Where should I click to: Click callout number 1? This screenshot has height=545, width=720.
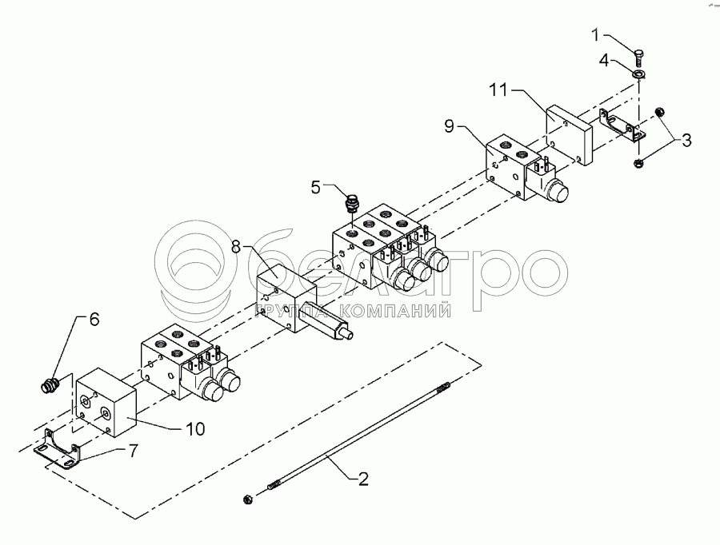tap(594, 34)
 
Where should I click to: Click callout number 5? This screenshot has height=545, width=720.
tap(317, 188)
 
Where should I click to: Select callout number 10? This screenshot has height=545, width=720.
tap(194, 429)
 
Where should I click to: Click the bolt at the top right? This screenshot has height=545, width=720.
tap(638, 56)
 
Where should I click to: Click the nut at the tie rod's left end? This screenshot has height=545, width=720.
tap(247, 499)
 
